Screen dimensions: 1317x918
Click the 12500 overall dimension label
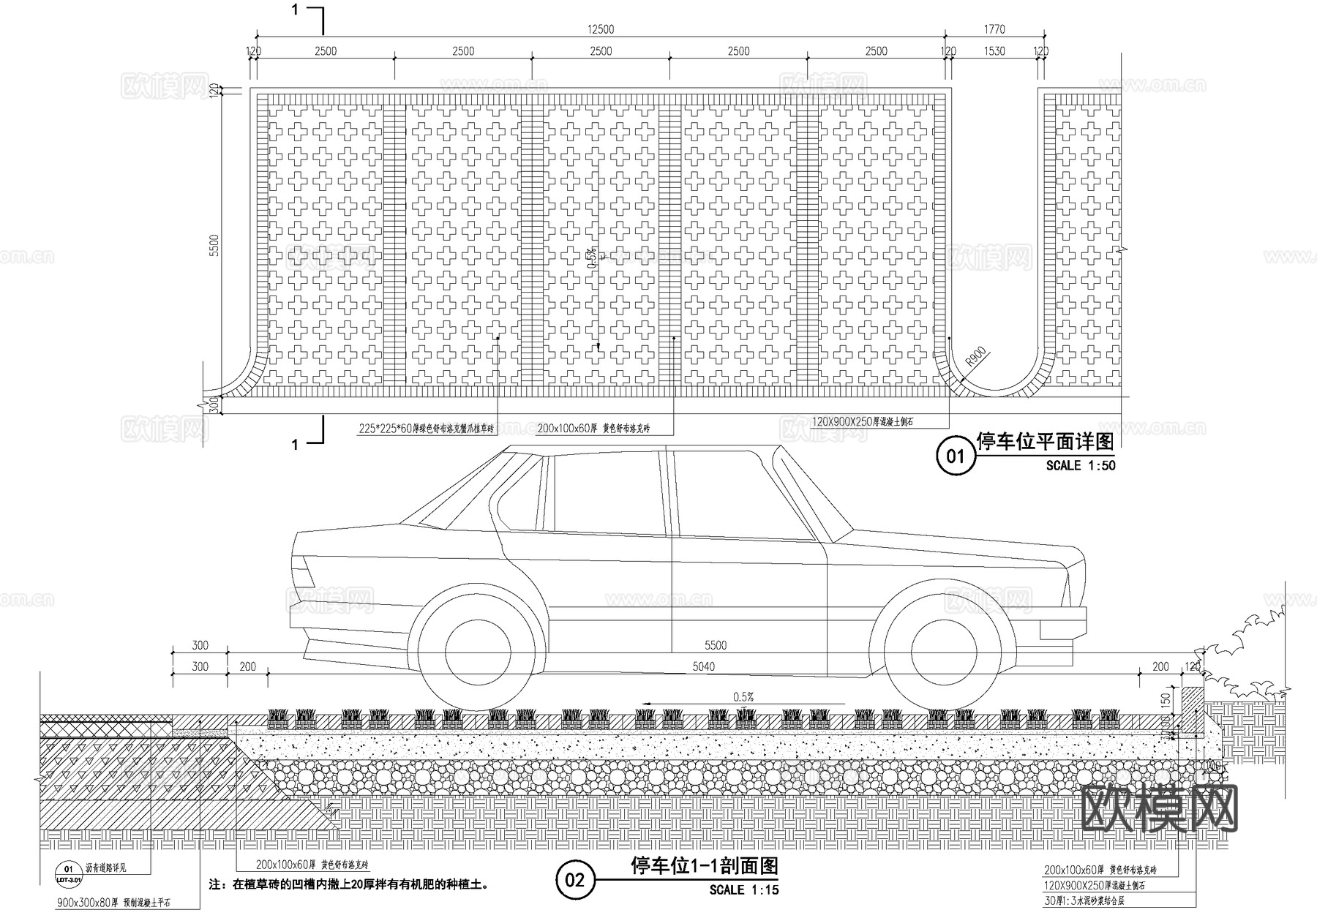tap(600, 29)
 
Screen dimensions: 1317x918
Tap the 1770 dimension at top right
tap(994, 29)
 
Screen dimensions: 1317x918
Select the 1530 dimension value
tap(994, 51)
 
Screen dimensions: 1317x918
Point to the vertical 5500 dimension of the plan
tap(214, 245)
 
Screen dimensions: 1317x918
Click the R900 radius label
tap(976, 358)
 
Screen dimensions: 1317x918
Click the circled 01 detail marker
tap(956, 456)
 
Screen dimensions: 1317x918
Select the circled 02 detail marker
tap(575, 879)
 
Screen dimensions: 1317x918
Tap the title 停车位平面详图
tap(1045, 442)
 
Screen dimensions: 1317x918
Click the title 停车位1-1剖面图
tap(704, 866)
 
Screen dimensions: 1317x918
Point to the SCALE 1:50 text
tap(1080, 465)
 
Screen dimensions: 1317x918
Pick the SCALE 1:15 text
tap(743, 890)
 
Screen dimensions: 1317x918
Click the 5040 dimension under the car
tap(703, 666)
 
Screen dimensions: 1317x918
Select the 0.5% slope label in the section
tap(743, 697)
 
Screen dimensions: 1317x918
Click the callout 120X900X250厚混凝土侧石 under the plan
tap(863, 422)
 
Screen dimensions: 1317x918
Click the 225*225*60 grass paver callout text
tap(426, 429)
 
